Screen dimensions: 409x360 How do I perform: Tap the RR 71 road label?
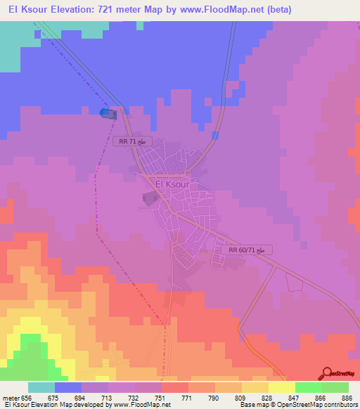point(133,141)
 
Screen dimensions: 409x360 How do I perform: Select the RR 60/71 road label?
point(247,249)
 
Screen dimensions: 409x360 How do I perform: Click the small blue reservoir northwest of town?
point(107,113)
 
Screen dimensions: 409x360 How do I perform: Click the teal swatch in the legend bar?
point(41,387)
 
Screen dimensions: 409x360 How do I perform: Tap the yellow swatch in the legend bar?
point(282,387)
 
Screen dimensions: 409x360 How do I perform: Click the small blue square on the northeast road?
point(215,135)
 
